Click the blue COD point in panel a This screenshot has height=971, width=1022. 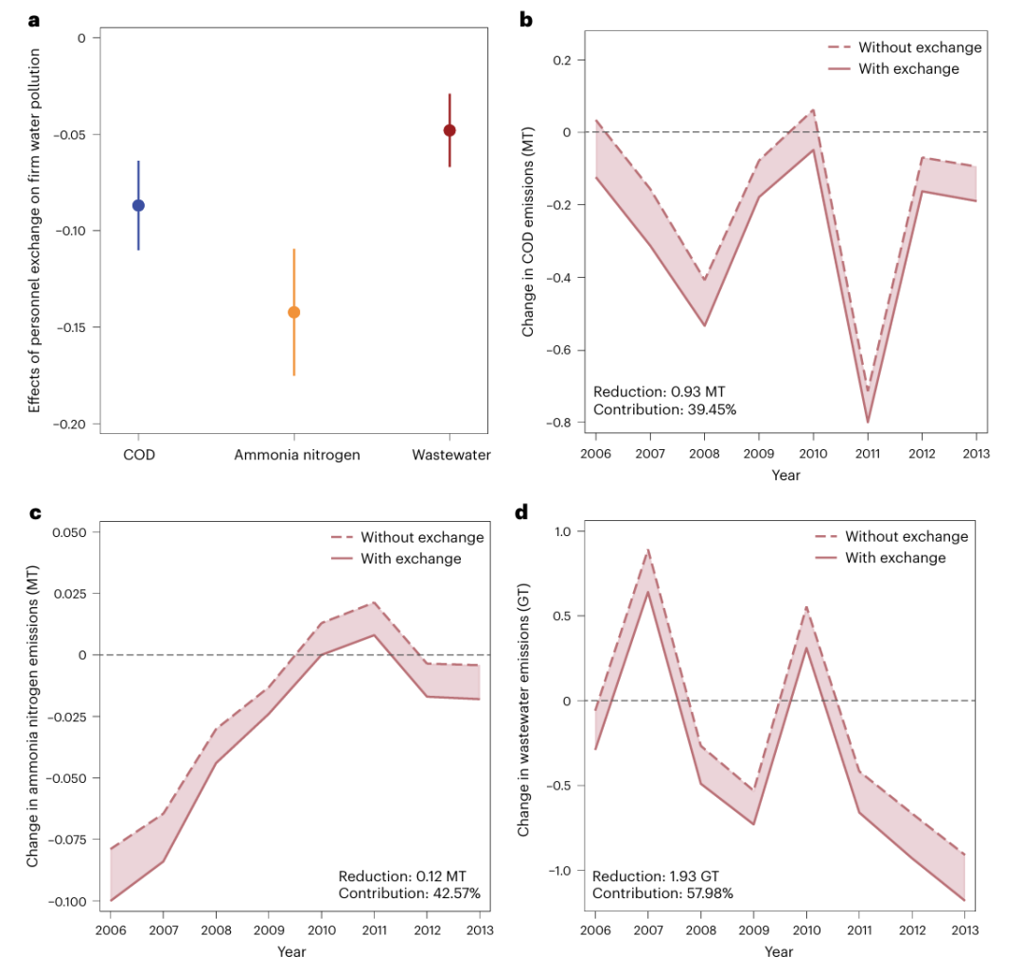[138, 205]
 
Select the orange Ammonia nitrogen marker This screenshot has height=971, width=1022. [293, 312]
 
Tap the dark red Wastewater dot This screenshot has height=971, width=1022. [449, 130]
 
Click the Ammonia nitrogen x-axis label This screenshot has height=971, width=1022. [297, 455]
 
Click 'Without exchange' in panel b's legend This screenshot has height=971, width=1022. [920, 47]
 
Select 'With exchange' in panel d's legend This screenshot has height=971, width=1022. [895, 558]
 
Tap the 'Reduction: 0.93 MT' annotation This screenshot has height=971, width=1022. [659, 391]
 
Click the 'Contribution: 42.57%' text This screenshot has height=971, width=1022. [410, 893]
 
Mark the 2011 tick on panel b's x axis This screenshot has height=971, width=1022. [868, 454]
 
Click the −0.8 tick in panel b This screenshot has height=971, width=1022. [567, 423]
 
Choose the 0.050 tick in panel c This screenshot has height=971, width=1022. [68, 532]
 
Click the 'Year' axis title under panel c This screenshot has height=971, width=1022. [291, 952]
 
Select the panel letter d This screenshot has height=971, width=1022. [521, 512]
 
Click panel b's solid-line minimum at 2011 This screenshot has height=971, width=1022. [868, 422]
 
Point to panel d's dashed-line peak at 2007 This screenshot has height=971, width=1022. [648, 549]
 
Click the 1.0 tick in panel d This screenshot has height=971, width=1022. [562, 531]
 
